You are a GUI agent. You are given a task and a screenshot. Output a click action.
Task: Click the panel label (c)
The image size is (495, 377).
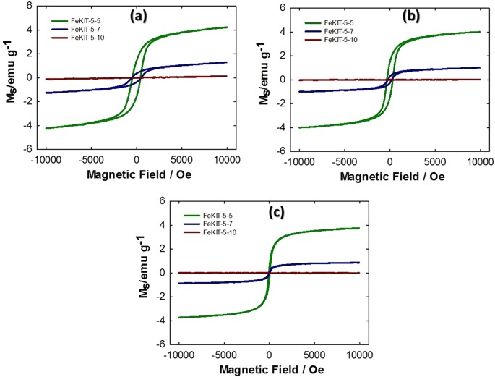coord(275,212)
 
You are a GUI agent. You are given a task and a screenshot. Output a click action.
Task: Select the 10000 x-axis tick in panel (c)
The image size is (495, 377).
coord(359,355)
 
